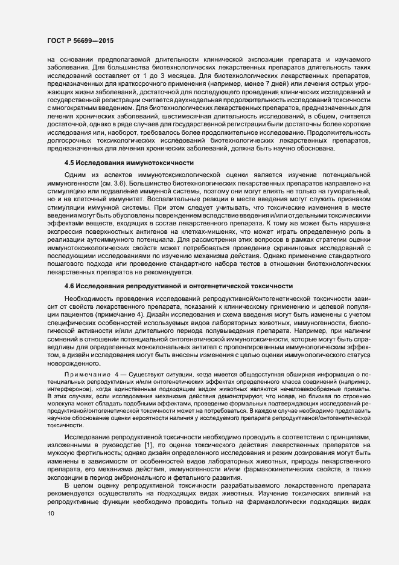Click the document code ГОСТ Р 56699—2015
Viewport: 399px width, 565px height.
[80, 40]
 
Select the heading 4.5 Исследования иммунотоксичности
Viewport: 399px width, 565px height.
[129, 163]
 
